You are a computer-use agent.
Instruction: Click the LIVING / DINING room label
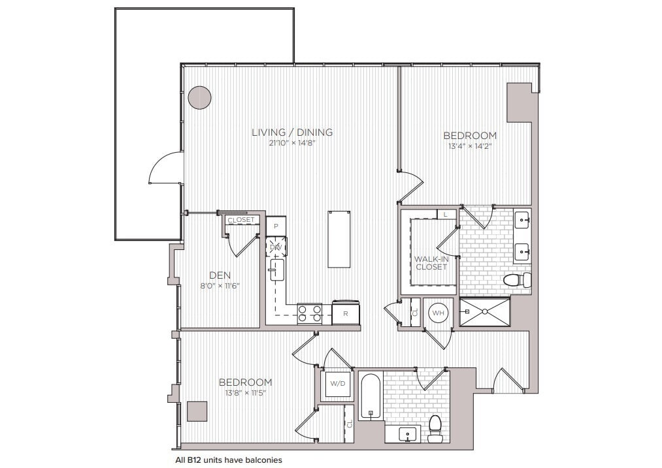click(x=292, y=133)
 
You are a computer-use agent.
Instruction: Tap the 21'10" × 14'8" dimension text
click(x=292, y=144)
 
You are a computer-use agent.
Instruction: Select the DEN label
click(x=220, y=275)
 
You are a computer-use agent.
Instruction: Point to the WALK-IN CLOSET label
click(x=431, y=262)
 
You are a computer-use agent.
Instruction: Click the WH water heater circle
click(x=438, y=313)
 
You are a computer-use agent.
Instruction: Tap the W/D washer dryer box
click(x=337, y=383)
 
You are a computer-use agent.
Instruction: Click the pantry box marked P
click(x=276, y=226)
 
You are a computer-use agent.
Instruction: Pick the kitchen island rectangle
click(x=339, y=239)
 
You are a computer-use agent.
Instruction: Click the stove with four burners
click(x=310, y=314)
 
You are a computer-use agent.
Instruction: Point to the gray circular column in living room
click(x=200, y=98)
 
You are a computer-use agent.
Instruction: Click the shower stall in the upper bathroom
click(x=484, y=311)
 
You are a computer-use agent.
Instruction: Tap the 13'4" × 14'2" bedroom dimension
click(x=469, y=147)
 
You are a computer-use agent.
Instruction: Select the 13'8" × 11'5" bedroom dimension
click(x=245, y=393)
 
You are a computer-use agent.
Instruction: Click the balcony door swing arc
click(x=163, y=166)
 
